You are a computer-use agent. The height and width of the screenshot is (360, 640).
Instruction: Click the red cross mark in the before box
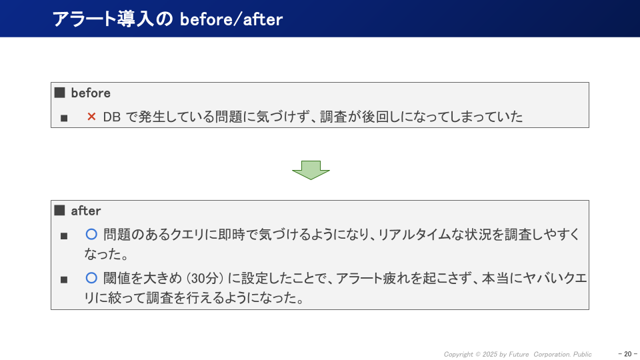pyautogui.click(x=92, y=117)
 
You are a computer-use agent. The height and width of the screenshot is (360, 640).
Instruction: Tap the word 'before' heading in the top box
pyautogui.click(x=91, y=93)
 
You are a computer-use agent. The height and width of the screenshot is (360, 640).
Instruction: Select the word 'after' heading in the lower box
pyautogui.click(x=86, y=211)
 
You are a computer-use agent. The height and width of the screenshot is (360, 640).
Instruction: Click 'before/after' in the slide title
pyautogui.click(x=231, y=19)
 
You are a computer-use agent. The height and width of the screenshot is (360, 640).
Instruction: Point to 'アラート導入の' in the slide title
pyautogui.click(x=113, y=19)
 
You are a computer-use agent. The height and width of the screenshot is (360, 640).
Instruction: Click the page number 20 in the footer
pyautogui.click(x=627, y=354)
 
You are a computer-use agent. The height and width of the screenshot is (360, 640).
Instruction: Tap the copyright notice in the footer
pyautogui.click(x=517, y=354)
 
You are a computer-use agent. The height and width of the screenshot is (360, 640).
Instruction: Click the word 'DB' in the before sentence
pyautogui.click(x=111, y=117)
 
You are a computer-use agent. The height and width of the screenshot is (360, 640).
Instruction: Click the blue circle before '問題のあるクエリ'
pyautogui.click(x=92, y=235)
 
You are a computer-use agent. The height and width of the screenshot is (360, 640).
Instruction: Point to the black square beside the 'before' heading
pyautogui.click(x=59, y=93)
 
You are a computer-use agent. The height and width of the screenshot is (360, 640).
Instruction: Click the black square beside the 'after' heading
pyautogui.click(x=59, y=211)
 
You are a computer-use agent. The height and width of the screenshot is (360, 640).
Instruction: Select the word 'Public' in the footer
pyautogui.click(x=582, y=354)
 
